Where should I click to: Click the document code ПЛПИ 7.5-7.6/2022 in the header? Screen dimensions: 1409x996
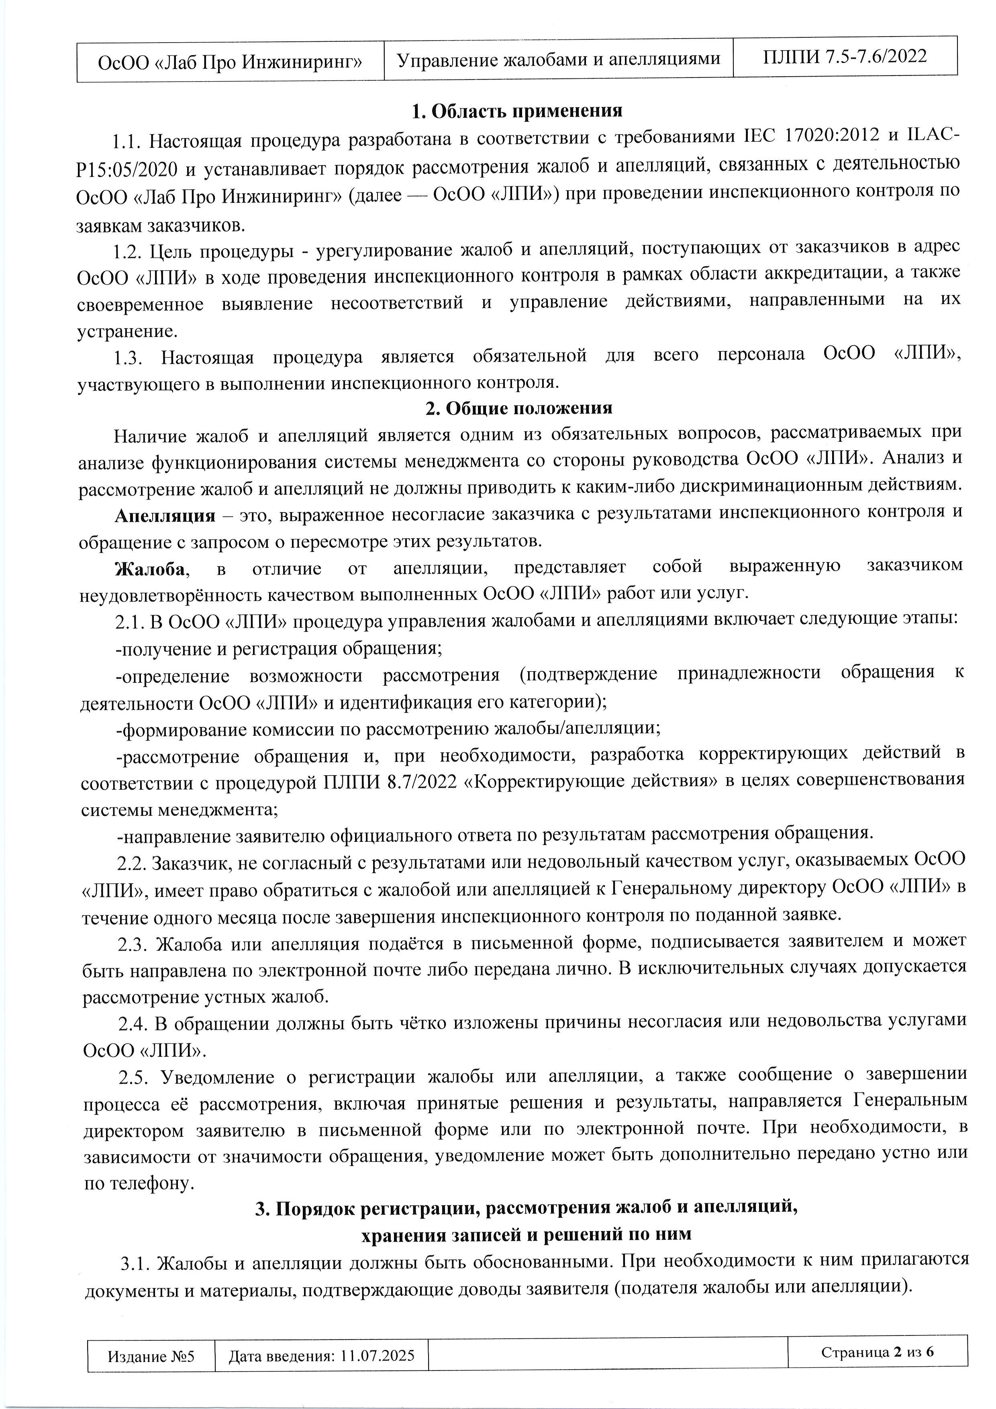point(845,57)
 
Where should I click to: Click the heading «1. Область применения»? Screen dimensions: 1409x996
point(517,111)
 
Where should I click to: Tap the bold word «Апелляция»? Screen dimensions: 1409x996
point(165,515)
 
